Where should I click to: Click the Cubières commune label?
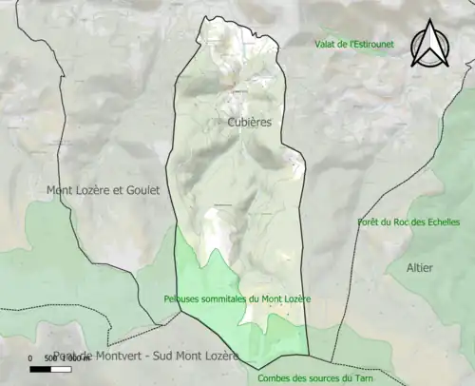[x=250, y=123]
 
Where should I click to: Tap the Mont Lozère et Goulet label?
[x=103, y=190]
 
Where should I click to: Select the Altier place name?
[x=419, y=268]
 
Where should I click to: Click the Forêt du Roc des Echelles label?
[x=408, y=222]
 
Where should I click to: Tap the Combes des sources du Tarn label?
[x=315, y=377]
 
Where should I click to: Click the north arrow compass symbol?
[x=429, y=44]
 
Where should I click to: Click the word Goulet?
[x=141, y=190]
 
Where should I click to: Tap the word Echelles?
[x=440, y=222]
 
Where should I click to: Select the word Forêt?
[x=369, y=222]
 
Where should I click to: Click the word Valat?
[x=327, y=44]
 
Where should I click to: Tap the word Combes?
[x=274, y=377]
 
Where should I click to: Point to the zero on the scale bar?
[x=30, y=358]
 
